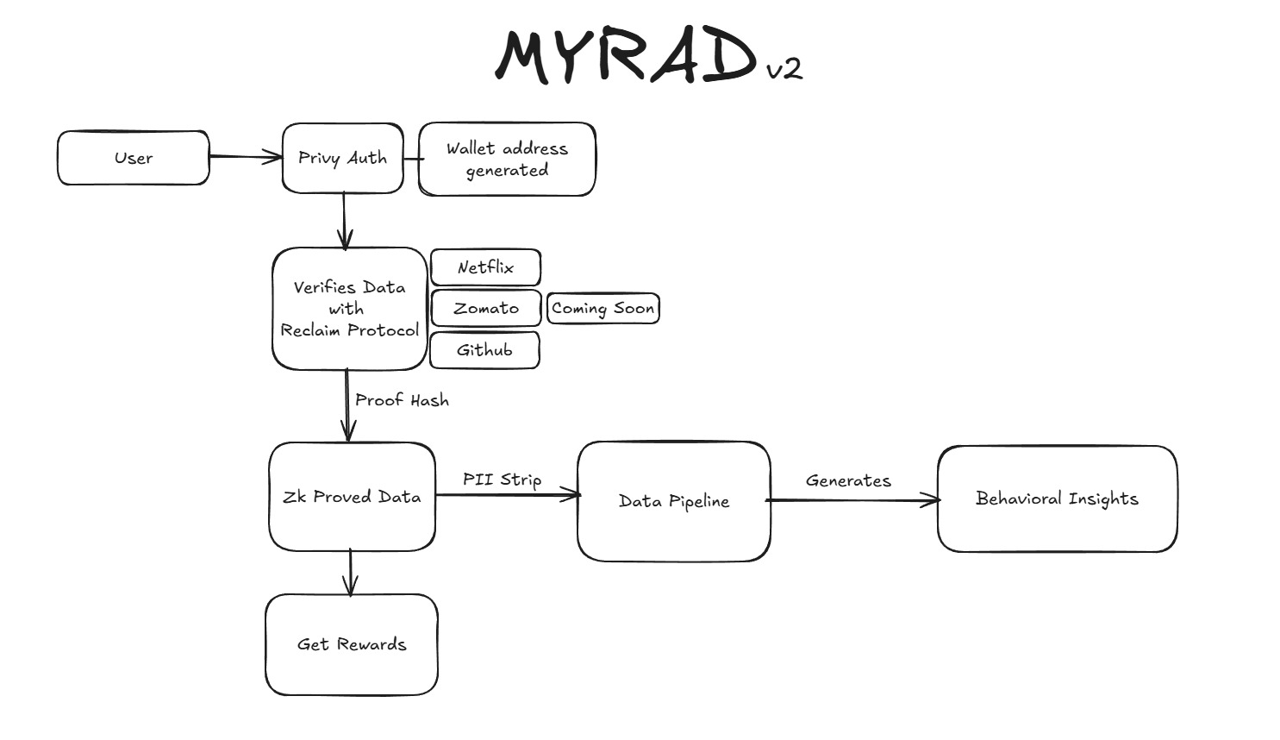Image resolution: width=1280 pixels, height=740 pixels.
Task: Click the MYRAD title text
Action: tap(627, 57)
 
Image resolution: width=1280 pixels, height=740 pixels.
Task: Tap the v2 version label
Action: tap(784, 68)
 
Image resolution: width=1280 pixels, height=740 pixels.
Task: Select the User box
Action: tap(133, 158)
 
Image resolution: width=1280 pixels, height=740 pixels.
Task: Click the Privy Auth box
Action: tap(342, 158)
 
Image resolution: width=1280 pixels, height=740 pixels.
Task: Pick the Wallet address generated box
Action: tap(507, 159)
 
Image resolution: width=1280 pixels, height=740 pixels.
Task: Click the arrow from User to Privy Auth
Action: tap(245, 157)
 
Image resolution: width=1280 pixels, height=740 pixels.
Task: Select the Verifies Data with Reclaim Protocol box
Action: tap(349, 309)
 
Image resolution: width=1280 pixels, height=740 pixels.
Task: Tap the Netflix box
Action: tap(485, 267)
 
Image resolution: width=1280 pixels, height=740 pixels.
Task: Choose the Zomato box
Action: tap(486, 308)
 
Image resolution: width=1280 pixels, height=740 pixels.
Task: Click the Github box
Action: tap(484, 350)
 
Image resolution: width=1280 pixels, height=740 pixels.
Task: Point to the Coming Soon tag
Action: tap(603, 308)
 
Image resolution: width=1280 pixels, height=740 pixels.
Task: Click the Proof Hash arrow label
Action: tap(402, 400)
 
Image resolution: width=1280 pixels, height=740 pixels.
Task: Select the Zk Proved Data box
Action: tap(352, 497)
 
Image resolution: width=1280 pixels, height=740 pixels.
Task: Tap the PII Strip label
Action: tap(502, 480)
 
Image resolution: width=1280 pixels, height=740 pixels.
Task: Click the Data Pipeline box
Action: tap(673, 501)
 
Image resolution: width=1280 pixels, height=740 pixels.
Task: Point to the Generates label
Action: tap(848, 481)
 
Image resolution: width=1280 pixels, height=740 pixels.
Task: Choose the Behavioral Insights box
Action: tap(1057, 499)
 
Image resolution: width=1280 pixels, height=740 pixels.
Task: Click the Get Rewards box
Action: tap(351, 644)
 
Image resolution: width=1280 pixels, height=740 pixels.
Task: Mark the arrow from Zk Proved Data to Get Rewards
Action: tap(350, 573)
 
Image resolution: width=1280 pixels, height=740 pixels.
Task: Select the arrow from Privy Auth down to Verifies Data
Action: tap(344, 220)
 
